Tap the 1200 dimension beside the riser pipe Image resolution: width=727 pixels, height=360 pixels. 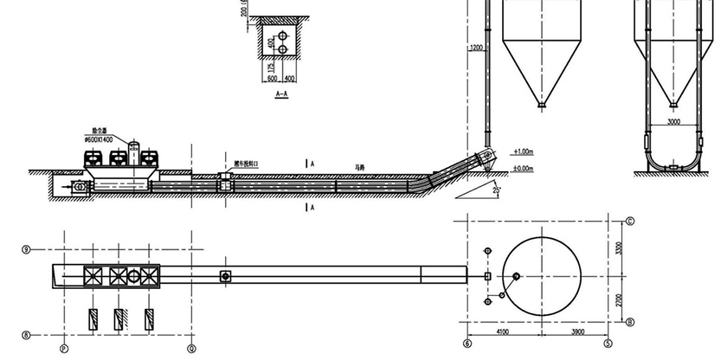click(x=474, y=48)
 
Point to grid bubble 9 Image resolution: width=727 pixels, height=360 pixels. click(x=26, y=248)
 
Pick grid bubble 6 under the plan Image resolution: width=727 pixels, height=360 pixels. click(x=468, y=343)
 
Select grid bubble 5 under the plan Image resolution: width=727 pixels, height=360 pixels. click(x=608, y=343)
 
